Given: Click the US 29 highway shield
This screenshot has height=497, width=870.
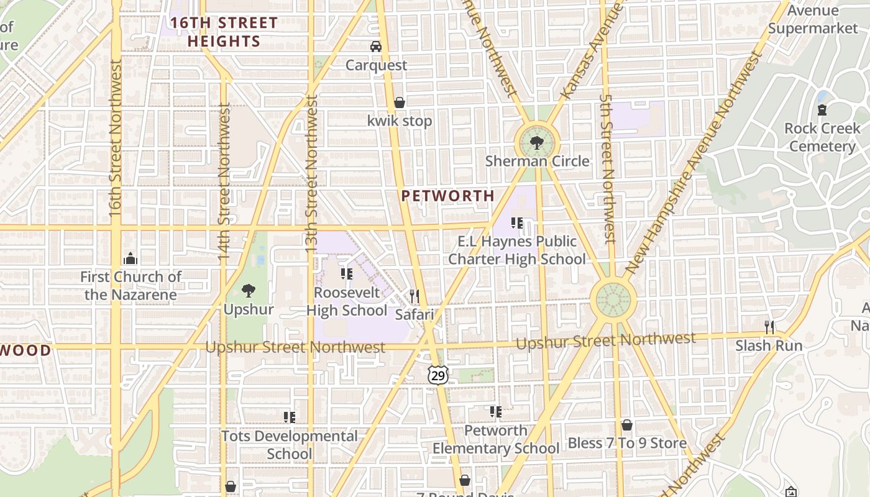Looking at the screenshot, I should tap(437, 375).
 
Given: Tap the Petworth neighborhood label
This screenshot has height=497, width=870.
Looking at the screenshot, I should tap(447, 196).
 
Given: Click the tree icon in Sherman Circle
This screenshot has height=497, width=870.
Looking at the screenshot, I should tap(536, 144).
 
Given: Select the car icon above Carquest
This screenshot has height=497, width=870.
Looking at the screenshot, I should tap(375, 47).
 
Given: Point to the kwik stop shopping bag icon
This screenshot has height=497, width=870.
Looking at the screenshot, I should tap(400, 103).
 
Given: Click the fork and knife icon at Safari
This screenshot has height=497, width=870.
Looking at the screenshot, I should tap(414, 296).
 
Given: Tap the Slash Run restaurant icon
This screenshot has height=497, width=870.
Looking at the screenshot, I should tap(769, 327).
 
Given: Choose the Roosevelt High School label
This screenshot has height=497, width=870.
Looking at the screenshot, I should tap(347, 301).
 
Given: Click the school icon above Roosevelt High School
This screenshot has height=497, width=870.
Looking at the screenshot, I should tap(347, 274).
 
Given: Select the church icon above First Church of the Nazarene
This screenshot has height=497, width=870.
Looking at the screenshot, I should tap(130, 258).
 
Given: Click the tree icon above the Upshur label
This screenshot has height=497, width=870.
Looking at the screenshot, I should tap(249, 290).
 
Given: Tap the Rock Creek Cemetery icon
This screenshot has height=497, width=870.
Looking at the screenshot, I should tap(822, 111).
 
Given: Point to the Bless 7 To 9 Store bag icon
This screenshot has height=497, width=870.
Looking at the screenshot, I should tap(627, 425).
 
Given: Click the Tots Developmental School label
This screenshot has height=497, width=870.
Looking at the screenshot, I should tap(290, 445).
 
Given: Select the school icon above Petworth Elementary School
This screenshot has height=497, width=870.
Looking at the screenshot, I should tap(495, 412).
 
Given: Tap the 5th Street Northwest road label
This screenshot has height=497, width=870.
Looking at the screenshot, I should tap(607, 168).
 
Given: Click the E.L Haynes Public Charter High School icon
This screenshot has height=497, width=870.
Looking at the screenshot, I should tap(516, 223).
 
